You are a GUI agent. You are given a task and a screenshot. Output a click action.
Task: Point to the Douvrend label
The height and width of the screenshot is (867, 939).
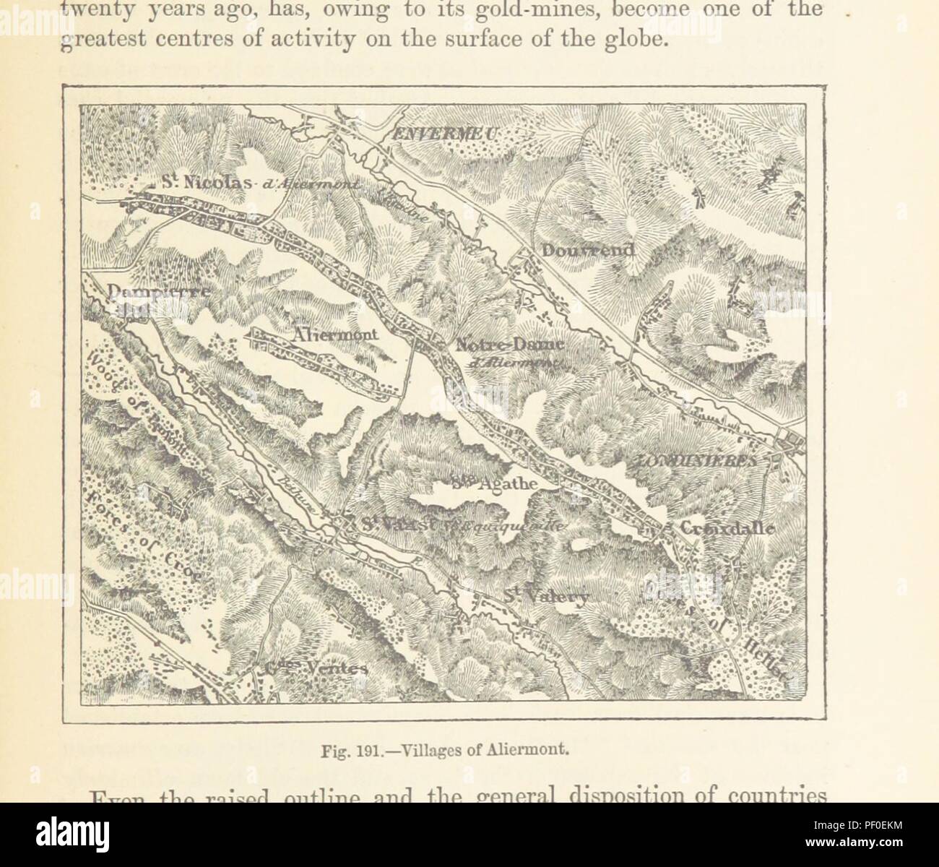coord(587,250)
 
